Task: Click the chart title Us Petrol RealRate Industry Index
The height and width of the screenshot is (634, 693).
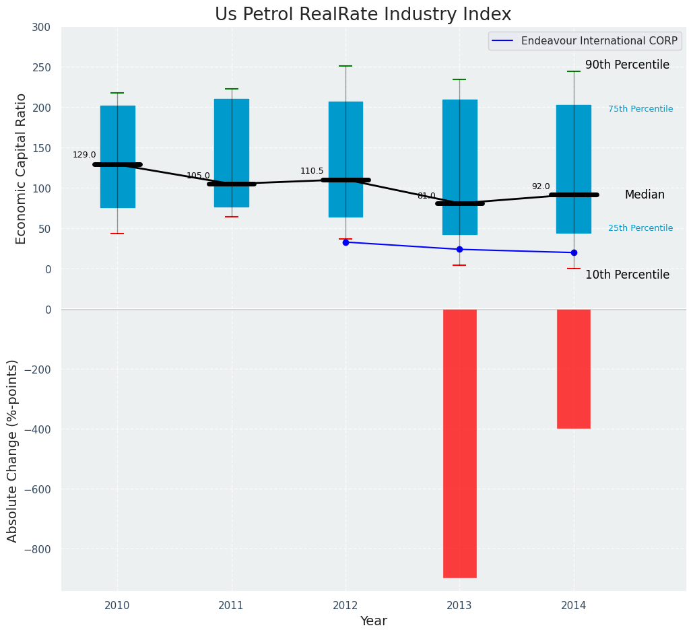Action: [x=363, y=15]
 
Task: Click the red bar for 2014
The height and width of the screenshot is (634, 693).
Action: [x=574, y=369]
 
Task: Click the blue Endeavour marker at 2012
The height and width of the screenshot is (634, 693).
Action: [x=345, y=242]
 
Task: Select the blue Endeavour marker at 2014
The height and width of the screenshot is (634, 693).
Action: [x=574, y=253]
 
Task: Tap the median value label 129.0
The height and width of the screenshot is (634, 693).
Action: [x=84, y=155]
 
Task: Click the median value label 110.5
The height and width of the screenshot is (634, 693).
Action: [x=312, y=172]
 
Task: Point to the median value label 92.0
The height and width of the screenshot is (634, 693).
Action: [x=541, y=187]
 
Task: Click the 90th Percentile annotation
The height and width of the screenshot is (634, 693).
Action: [x=627, y=65]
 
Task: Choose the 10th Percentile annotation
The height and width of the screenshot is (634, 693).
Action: [x=627, y=275]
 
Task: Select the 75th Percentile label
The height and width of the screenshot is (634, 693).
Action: [x=640, y=109]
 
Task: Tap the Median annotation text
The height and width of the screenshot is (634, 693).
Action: [x=645, y=195]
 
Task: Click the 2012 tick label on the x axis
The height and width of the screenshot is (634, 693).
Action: [x=345, y=606]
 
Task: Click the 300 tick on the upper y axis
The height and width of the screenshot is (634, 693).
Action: [x=41, y=28]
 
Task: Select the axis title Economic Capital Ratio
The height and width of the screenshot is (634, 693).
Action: [x=21, y=168]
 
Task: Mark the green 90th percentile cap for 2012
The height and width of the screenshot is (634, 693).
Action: [x=345, y=66]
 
